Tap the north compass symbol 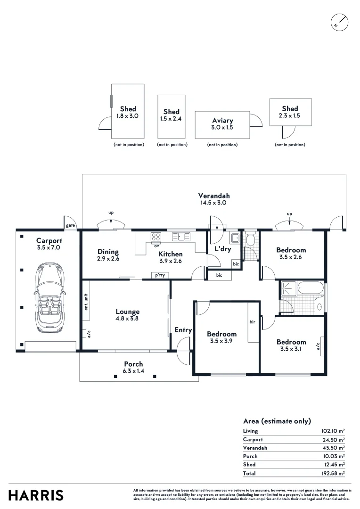tap(339, 22)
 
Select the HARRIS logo tap(36, 495)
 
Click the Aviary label tap(222, 121)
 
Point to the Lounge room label tap(128, 312)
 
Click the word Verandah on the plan tap(213, 196)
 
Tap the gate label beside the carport tap(70, 225)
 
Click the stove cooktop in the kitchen tap(156, 237)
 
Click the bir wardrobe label tap(252, 322)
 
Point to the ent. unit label tap(87, 303)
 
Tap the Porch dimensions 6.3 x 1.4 tap(133, 371)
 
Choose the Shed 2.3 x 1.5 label tap(290, 115)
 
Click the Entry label tap(183, 330)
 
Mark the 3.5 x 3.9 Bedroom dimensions tap(222, 341)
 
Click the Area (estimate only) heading tap(277, 421)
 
